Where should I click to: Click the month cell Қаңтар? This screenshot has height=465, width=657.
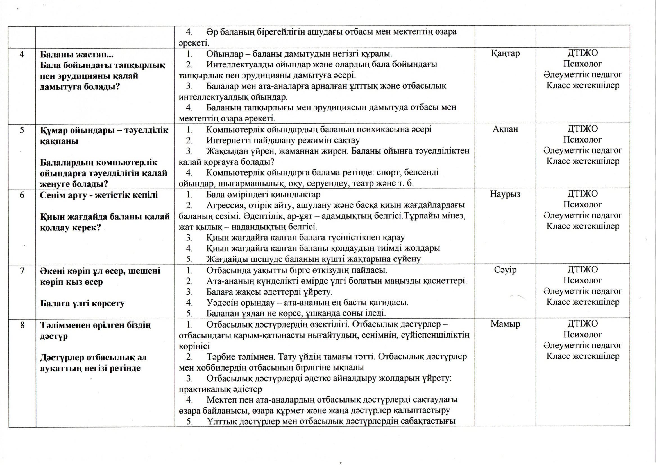[x=505, y=53]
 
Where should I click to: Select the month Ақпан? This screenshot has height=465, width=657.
[x=505, y=129]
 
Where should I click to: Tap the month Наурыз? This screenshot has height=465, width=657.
[x=505, y=194]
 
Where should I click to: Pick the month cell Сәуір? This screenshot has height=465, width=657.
[x=505, y=270]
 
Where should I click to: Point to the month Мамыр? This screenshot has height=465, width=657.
[x=505, y=324]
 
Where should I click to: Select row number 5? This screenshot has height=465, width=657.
[x=22, y=130]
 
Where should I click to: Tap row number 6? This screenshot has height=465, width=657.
[x=22, y=195]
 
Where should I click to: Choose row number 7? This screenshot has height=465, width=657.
[x=22, y=271]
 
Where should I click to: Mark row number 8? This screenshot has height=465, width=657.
[x=22, y=325]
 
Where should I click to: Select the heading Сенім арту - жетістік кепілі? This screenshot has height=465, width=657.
[x=99, y=195]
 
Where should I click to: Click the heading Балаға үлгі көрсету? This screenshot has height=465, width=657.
[x=82, y=303]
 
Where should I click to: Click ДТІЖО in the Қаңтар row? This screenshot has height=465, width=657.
[x=583, y=53]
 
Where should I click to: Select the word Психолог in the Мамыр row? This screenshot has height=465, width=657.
[x=583, y=335]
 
